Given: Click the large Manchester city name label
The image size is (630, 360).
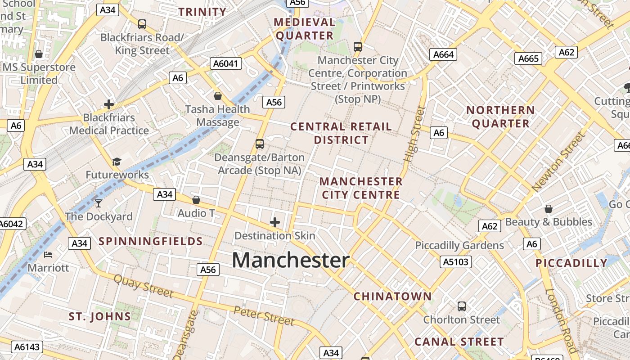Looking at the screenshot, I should [x=291, y=261].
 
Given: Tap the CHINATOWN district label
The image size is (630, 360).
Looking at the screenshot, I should [x=392, y=296].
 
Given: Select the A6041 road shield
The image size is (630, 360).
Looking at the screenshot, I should [x=226, y=64].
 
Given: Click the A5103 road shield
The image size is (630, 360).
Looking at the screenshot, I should [x=455, y=262].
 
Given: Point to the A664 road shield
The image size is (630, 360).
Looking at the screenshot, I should [x=443, y=54].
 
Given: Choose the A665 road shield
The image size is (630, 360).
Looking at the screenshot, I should [x=528, y=58].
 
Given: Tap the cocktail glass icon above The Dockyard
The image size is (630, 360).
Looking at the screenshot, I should [x=99, y=203].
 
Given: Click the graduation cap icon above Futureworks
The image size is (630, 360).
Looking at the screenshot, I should [x=117, y=162].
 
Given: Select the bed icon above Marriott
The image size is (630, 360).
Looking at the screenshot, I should [x=48, y=255].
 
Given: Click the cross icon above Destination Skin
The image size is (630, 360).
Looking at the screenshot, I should [x=274, y=222].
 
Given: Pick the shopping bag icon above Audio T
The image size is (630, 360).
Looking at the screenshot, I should [x=196, y=200].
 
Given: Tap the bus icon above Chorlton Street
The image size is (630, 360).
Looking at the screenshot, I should [x=461, y=306].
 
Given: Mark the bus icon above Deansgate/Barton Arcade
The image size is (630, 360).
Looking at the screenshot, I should [x=259, y=144].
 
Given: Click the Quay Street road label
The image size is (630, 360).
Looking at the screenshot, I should [x=143, y=286].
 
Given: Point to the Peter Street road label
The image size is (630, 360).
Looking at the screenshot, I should [x=264, y=315].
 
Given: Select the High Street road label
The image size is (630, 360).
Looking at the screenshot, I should [x=414, y=134].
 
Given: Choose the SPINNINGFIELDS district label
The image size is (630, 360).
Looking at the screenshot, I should [x=151, y=241].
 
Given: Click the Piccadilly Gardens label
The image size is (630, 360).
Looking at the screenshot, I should [x=459, y=245].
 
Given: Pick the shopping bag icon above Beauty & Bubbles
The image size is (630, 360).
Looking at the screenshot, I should [x=548, y=209].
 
